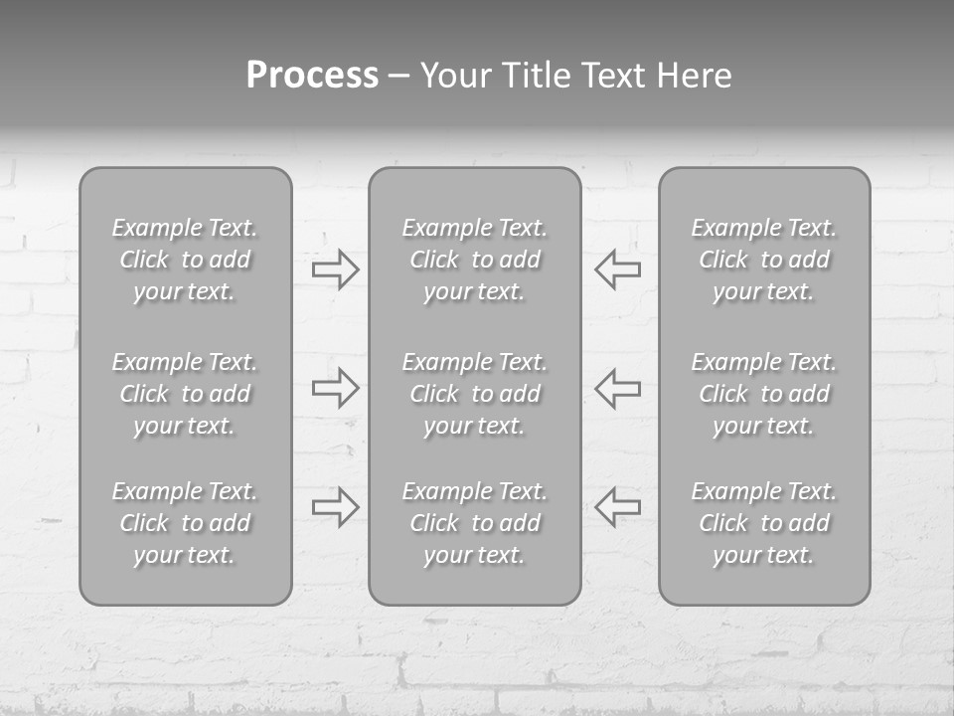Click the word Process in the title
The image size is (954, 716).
pyautogui.click(x=312, y=76)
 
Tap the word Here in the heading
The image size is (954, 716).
pyautogui.click(x=696, y=76)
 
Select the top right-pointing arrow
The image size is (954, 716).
pyautogui.click(x=336, y=269)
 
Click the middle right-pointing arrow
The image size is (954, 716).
pyautogui.click(x=336, y=388)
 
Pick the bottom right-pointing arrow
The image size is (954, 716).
pyautogui.click(x=336, y=506)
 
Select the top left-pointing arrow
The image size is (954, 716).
pyautogui.click(x=617, y=269)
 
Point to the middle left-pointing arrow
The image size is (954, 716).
pyautogui.click(x=617, y=388)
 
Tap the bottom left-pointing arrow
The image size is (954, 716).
pyautogui.click(x=617, y=506)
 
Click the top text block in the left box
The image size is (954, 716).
pyautogui.click(x=185, y=260)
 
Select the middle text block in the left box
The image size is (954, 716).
pyautogui.click(x=185, y=394)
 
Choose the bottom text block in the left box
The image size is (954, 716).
pyautogui.click(x=185, y=523)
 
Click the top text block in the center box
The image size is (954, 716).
pyautogui.click(x=475, y=260)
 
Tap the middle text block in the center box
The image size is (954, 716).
pyautogui.click(x=475, y=394)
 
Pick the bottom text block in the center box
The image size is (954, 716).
pyautogui.click(x=475, y=523)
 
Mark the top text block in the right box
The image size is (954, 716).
pyautogui.click(x=764, y=260)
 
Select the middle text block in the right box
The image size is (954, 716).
pyautogui.click(x=764, y=394)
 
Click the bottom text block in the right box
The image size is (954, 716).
pyautogui.click(x=764, y=523)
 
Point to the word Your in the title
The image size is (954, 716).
pyautogui.click(x=455, y=76)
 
